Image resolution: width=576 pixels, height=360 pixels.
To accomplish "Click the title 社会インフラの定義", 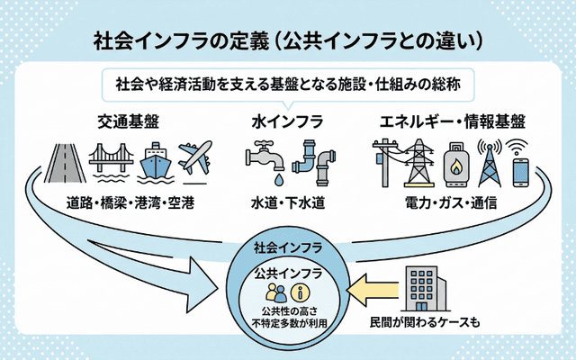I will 180,40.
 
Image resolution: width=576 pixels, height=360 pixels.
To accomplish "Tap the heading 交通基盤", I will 130,120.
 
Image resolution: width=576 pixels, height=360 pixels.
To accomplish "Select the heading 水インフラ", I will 287,120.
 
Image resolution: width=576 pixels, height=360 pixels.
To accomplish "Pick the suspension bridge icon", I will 112,162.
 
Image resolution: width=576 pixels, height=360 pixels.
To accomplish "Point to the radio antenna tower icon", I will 489,160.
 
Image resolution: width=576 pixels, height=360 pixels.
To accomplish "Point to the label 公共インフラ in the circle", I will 286,272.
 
